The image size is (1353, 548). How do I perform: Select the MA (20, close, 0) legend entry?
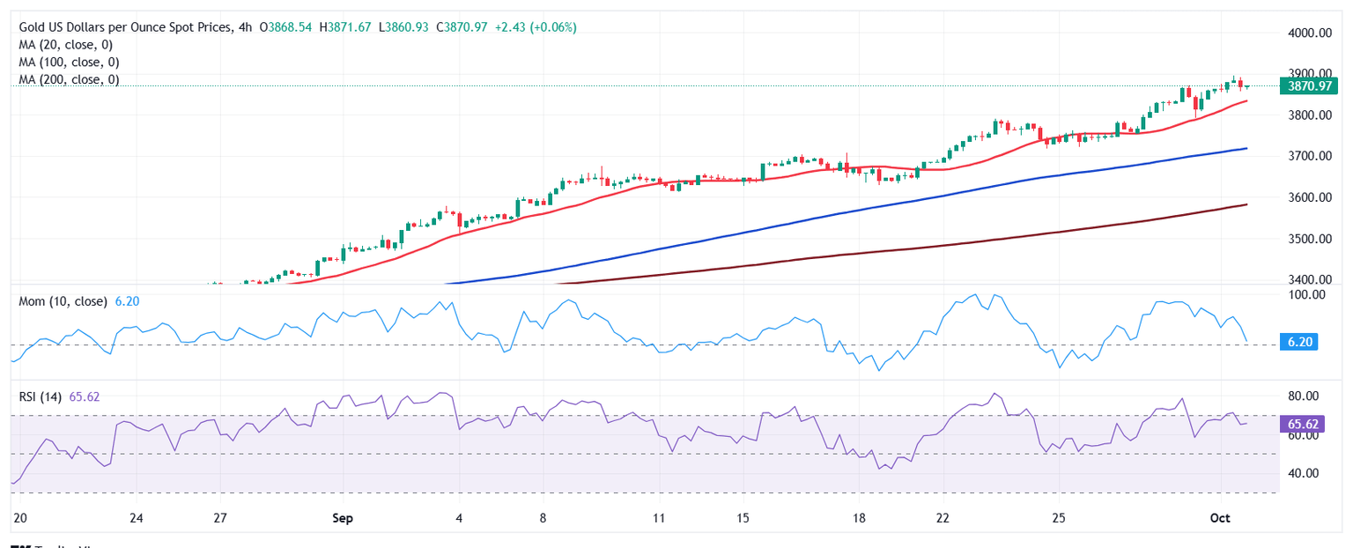(x=69, y=44)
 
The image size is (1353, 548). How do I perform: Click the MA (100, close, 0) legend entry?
(x=71, y=62)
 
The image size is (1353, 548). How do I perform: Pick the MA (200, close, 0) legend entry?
(x=71, y=79)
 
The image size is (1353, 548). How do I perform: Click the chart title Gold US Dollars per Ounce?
(x=122, y=27)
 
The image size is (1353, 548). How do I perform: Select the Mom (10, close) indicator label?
(x=61, y=301)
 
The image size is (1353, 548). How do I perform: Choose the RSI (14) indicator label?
(x=41, y=396)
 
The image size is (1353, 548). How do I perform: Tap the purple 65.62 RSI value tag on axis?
(x=1301, y=424)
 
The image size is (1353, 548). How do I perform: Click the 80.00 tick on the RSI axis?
(x=1303, y=396)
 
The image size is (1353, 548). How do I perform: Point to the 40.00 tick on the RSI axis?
(x=1303, y=473)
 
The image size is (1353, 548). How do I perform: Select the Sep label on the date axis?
(x=343, y=518)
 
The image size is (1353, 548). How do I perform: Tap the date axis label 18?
(x=859, y=518)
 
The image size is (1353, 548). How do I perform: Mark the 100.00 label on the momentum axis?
(x=1303, y=293)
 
